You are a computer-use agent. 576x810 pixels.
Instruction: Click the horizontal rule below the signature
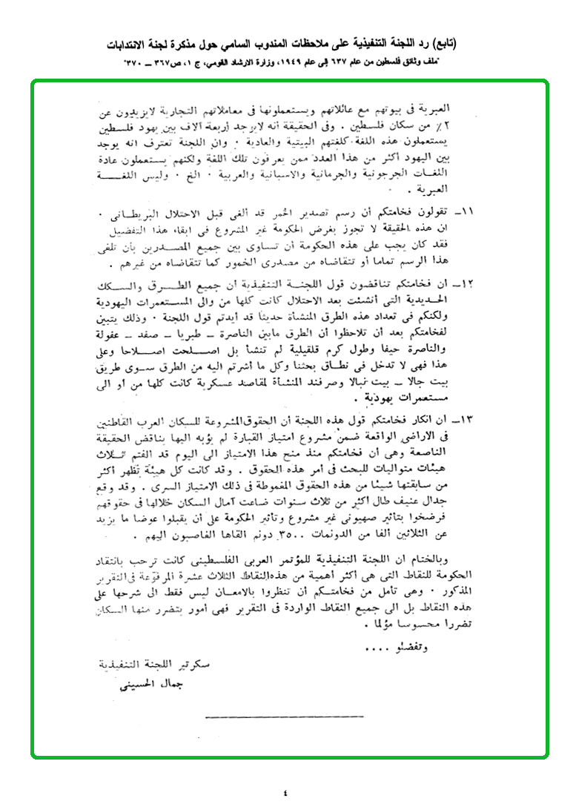coord(284,717)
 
